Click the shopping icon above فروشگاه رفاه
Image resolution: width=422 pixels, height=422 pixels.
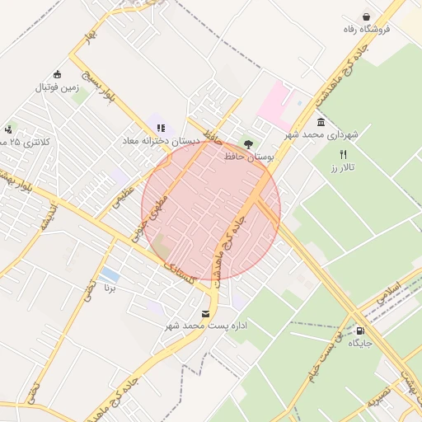pyautogui.click(x=366, y=16)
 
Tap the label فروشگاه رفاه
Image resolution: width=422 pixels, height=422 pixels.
pyautogui.click(x=367, y=30)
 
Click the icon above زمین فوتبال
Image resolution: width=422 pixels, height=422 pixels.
pyautogui.click(x=56, y=74)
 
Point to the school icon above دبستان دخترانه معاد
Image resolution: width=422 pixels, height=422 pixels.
pyautogui.click(x=162, y=128)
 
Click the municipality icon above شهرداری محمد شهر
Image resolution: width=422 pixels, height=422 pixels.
pyautogui.click(x=321, y=122)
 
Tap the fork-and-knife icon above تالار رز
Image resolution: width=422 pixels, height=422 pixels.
pyautogui.click(x=344, y=154)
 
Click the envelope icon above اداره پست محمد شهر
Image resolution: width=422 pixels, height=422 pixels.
pyautogui.click(x=205, y=314)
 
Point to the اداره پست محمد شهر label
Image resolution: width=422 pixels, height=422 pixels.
pyautogui.click(x=206, y=327)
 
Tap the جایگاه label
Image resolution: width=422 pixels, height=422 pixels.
pyautogui.click(x=361, y=342)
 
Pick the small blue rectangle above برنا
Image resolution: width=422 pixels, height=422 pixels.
pyautogui.click(x=109, y=273)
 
